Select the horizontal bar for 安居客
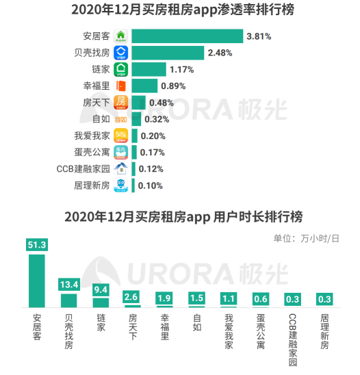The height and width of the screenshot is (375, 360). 187,36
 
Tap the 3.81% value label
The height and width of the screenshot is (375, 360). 263,36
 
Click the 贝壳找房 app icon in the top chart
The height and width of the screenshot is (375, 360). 121,53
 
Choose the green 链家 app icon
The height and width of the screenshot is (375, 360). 121,69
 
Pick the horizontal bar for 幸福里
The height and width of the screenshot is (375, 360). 144,86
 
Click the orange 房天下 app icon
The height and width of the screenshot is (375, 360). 121,103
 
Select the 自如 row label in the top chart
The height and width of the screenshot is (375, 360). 100,119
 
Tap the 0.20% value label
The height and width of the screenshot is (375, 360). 154,135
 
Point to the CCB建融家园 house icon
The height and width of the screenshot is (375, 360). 121,168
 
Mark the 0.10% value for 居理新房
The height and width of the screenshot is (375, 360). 151,185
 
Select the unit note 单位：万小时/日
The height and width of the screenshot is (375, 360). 306,238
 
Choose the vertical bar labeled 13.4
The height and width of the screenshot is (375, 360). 69,300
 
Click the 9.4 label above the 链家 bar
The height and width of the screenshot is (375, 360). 101,289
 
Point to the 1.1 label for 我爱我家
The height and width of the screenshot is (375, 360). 229,298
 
